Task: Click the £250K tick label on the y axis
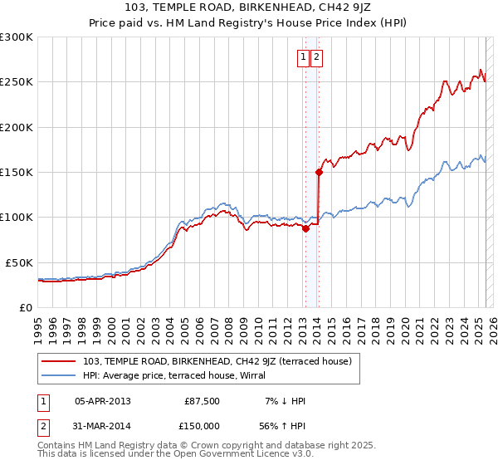click(x=17, y=82)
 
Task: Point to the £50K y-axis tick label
click(x=19, y=262)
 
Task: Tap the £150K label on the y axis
click(x=17, y=172)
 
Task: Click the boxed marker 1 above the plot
click(x=304, y=57)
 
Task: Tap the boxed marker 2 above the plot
click(x=317, y=57)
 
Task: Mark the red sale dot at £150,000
click(x=319, y=173)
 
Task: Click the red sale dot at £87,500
click(x=305, y=228)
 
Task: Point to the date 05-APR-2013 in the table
click(x=102, y=401)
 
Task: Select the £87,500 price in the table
click(x=203, y=401)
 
